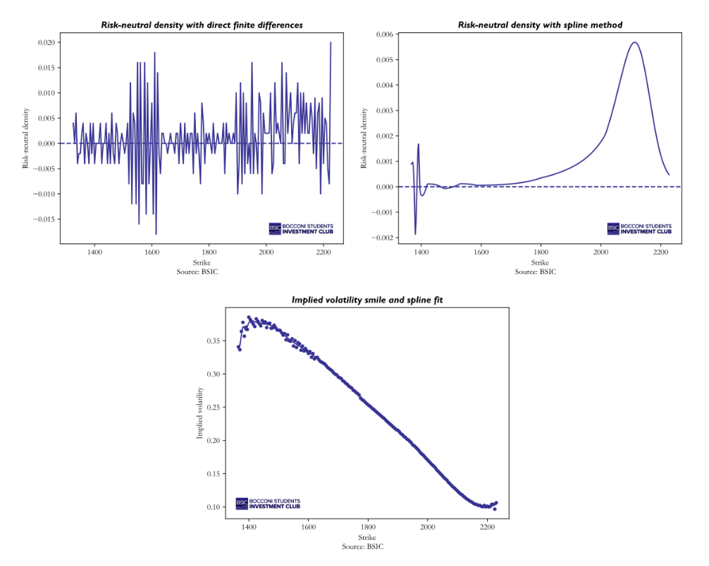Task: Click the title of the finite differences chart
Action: [x=202, y=25]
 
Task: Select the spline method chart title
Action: [x=540, y=25]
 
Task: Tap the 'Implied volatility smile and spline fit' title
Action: [x=367, y=300]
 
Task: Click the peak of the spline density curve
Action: [x=634, y=42]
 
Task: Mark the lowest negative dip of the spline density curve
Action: [x=415, y=234]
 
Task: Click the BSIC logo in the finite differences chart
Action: [x=301, y=229]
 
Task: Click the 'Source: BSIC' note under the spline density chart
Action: [x=535, y=272]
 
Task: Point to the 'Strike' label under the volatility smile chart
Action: [x=367, y=537]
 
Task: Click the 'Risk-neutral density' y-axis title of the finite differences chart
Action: [x=26, y=138]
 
